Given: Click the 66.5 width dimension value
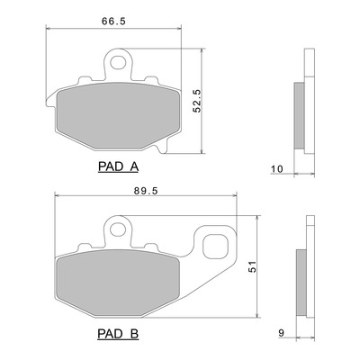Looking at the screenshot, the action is (113, 22).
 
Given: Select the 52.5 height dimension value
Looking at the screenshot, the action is (197, 101).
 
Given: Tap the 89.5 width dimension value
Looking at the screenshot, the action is (146, 191).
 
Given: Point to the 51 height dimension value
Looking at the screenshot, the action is (254, 266).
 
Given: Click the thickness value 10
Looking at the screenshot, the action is (277, 169).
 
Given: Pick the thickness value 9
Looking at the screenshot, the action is (281, 333).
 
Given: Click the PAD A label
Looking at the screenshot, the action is (118, 166).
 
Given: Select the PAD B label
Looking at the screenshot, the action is (118, 333).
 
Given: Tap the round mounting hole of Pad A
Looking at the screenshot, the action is (118, 63).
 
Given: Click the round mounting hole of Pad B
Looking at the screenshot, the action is (118, 229).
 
